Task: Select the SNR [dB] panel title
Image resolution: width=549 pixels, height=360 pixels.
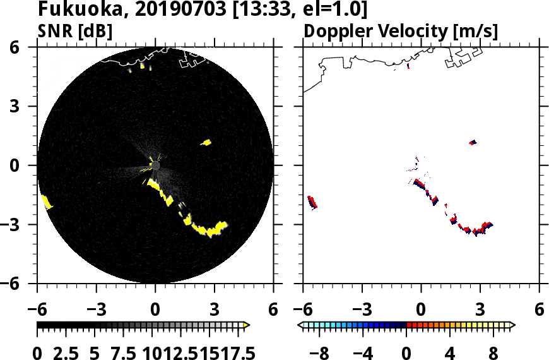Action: coord(75,31)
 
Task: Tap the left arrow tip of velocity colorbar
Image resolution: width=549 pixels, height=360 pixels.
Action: coord(300,325)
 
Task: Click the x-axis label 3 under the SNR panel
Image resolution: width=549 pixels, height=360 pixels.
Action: coord(215,310)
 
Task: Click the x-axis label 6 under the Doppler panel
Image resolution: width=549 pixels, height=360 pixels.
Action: coord(539,310)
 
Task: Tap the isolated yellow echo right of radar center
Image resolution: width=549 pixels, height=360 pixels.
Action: coord(206,143)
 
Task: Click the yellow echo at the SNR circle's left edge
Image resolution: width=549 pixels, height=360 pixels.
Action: coord(46,202)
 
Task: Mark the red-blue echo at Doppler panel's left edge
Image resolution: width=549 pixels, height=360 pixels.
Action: coord(312,202)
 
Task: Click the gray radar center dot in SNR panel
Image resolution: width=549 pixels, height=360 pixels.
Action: coord(155,165)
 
